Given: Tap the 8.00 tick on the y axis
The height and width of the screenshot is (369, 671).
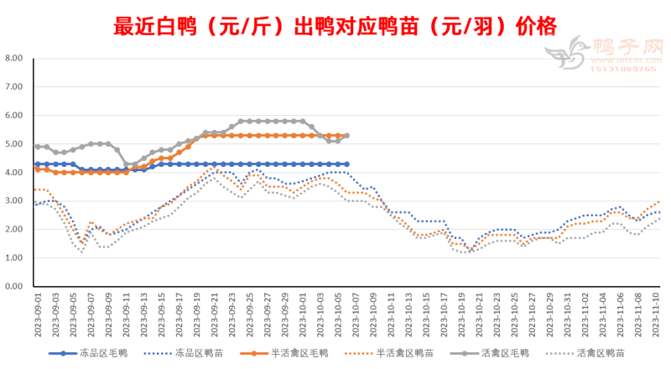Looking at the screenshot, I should pos(14,59).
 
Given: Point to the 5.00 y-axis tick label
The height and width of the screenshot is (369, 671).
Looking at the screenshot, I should pos(14,144).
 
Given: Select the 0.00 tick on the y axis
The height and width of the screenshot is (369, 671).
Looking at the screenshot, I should pos(14,287).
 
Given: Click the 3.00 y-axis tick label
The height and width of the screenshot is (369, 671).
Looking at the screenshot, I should pos(14,201).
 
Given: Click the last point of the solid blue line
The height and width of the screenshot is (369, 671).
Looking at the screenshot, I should pos(347,164).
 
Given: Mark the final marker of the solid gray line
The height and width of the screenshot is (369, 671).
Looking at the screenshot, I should pos(347,136).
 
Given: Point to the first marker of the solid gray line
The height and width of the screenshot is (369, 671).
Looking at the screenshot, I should pos(38,147).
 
